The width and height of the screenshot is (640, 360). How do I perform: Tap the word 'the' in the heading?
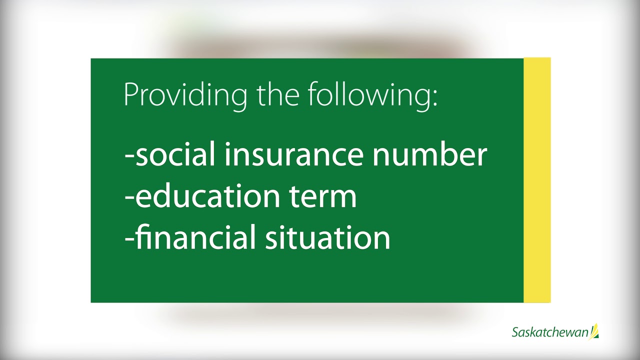click(278, 93)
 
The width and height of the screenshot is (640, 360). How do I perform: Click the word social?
click(175, 154)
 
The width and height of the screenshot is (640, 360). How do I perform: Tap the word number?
click(429, 154)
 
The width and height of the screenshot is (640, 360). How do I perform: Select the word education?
click(207, 195)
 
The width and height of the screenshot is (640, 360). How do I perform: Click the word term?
click(323, 197)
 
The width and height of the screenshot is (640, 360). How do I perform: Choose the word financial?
click(194, 237)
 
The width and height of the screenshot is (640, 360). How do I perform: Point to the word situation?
click(327, 237)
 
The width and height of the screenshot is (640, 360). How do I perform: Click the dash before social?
click(129, 157)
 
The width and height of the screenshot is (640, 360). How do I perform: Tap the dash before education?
click(129, 199)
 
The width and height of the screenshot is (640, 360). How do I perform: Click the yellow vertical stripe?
click(537, 180)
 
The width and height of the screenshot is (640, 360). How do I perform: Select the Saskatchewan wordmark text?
click(550, 332)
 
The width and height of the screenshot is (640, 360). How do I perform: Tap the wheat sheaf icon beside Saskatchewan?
click(594, 331)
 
